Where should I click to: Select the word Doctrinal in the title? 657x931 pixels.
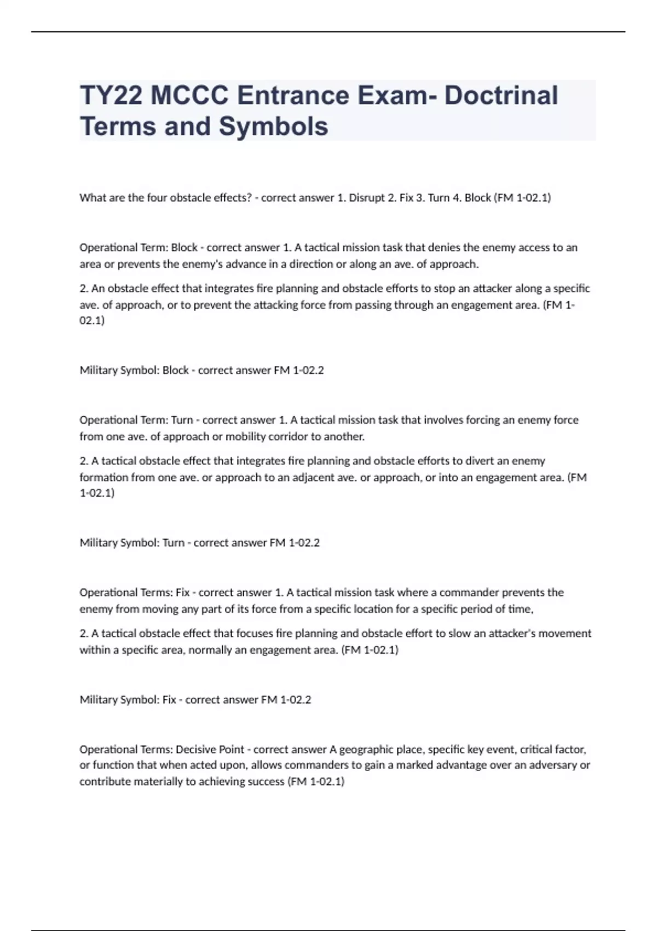[x=501, y=95]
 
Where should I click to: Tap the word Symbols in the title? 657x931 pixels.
[x=274, y=127]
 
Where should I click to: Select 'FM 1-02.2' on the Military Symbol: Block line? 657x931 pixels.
[x=299, y=370]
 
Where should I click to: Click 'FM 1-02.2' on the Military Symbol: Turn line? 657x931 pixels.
[x=295, y=543]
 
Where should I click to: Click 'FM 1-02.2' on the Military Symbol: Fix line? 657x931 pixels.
[x=286, y=700]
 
